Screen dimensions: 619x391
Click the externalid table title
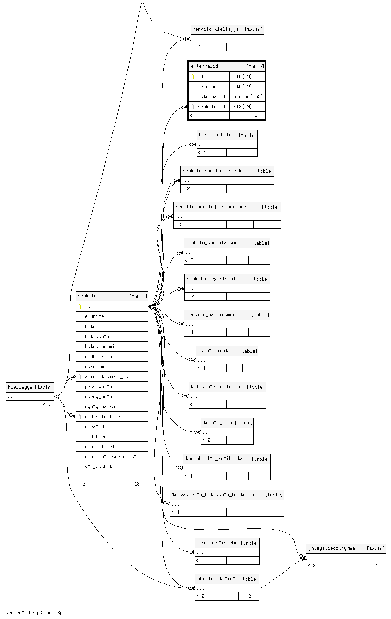205,66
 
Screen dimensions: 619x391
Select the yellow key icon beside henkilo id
80,306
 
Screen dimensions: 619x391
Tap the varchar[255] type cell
246,97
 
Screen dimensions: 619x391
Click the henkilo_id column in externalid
211,107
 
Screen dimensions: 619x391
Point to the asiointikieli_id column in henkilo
106,376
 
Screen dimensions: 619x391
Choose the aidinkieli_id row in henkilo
102,417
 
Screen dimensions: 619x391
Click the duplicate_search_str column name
112,456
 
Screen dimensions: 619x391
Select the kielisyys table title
20,387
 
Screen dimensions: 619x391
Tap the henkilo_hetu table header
215,135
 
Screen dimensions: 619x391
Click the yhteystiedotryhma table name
331,548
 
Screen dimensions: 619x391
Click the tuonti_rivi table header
218,422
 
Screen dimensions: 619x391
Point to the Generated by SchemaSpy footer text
35,613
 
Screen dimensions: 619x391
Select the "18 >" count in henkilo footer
139,484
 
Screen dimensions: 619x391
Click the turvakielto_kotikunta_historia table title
213,494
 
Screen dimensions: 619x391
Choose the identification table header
217,350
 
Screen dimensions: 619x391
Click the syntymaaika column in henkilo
100,406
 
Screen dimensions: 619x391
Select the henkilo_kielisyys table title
215,29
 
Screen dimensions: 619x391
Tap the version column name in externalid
207,86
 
